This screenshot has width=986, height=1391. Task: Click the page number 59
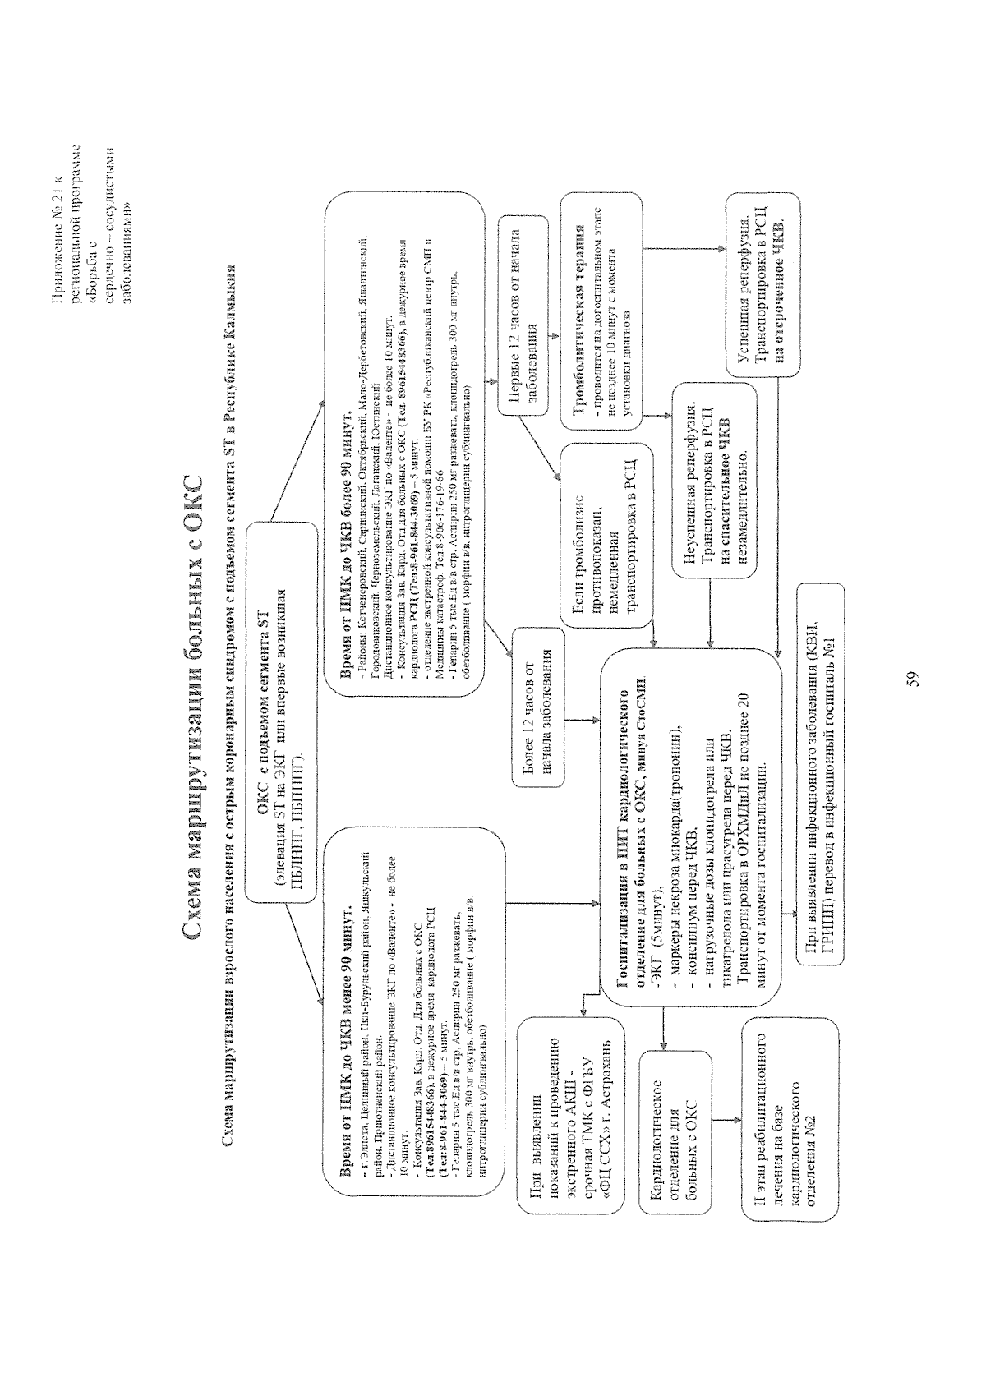point(912,679)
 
